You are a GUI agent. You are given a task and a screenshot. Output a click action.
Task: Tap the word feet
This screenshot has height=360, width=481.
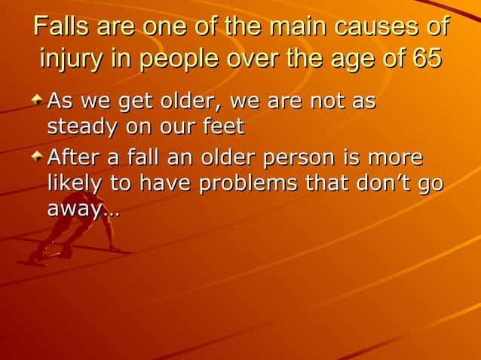[x=223, y=127]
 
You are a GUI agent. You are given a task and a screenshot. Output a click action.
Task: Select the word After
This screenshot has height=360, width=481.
[x=74, y=159]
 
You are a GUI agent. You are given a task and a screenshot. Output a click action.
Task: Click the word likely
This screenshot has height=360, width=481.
[x=73, y=184]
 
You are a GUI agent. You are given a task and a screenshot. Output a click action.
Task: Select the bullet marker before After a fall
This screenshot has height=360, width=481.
[x=38, y=157]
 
